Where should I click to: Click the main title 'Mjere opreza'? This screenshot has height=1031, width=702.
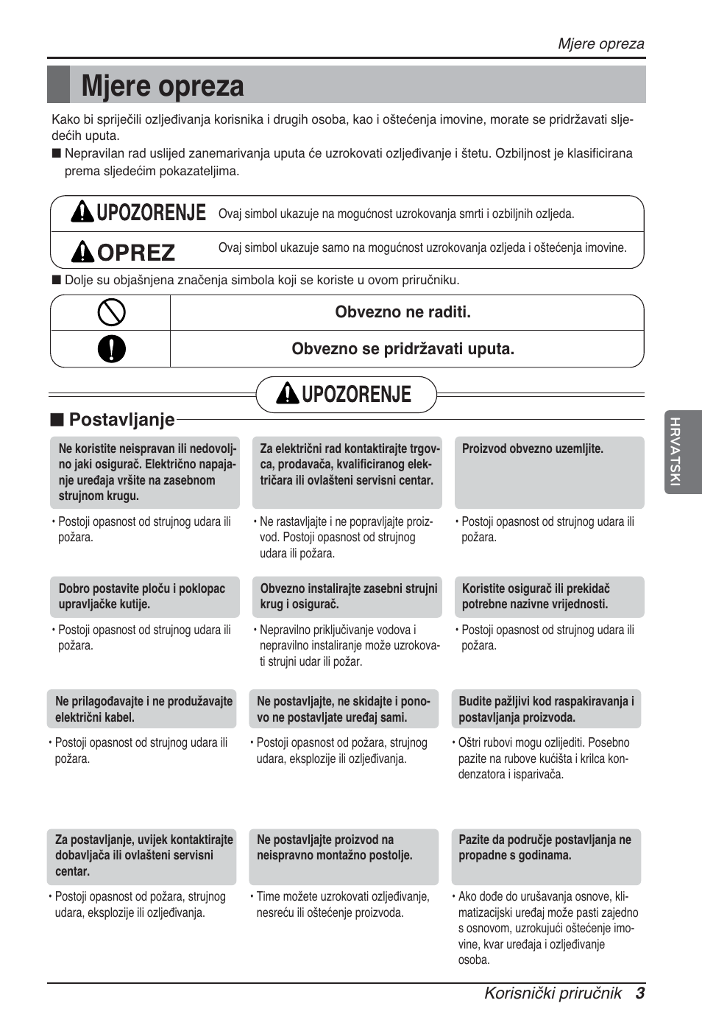coord(163,86)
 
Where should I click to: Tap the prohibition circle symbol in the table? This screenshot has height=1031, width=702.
coord(111,312)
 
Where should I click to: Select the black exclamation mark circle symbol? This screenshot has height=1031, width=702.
coord(111,349)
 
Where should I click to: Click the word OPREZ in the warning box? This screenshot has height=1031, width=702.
coord(136,253)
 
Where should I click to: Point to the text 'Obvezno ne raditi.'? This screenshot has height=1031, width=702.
coord(403,312)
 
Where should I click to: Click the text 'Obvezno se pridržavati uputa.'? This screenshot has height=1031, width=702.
coord(403,349)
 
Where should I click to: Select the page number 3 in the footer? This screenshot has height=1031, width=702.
coord(640,993)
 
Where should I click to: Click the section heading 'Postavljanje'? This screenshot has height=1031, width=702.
coord(121,420)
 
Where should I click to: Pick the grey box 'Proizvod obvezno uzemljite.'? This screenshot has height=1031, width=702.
coord(549,471)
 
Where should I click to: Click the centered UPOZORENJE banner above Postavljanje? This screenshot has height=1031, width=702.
coord(347,395)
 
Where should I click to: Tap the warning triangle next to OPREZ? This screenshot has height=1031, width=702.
coord(82,253)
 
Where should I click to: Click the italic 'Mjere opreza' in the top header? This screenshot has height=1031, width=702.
coord(600,43)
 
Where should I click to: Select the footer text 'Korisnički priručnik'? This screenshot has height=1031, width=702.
coord(553,993)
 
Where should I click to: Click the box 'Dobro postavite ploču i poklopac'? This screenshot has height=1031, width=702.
coord(145,597)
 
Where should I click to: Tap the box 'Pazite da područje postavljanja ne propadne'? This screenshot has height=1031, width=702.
coord(546,856)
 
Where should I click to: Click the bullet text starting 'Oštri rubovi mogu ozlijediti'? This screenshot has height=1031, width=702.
coord(543,759)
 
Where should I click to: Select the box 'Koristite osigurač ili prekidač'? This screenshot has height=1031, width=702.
coord(549,597)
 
